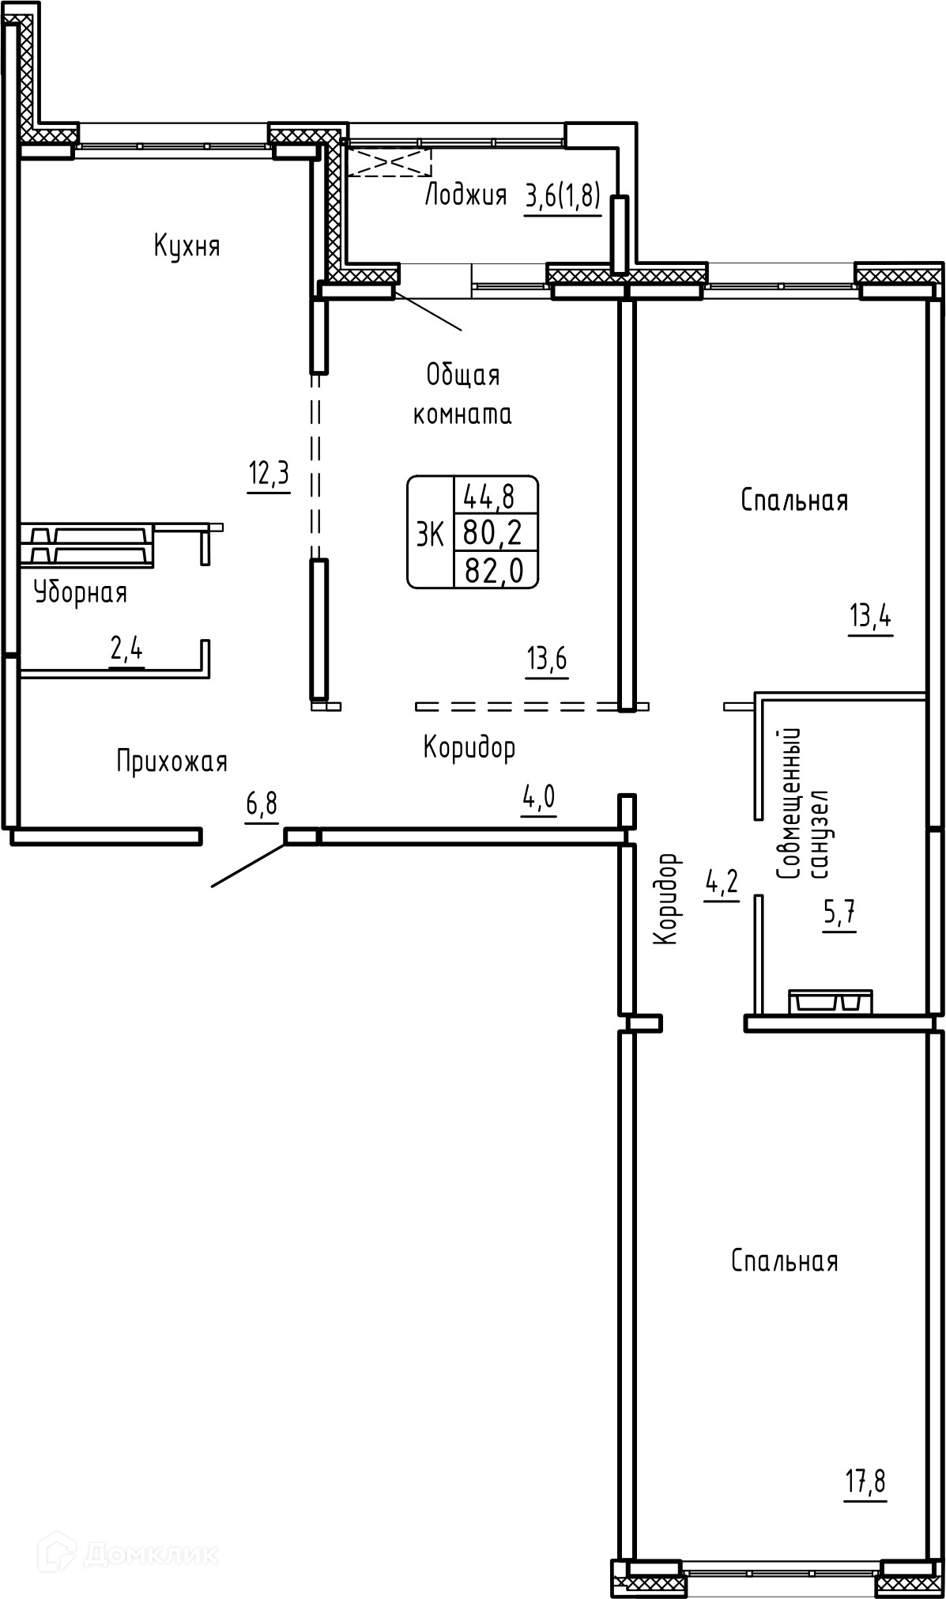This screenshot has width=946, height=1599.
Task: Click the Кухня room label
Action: [187, 247]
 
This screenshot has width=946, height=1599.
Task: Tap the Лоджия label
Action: [466, 195]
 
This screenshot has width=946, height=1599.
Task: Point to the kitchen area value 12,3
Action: [269, 474]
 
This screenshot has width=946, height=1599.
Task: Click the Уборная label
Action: [81, 592]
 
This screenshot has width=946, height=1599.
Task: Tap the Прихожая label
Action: [172, 761]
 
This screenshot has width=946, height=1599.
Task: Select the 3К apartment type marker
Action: [430, 535]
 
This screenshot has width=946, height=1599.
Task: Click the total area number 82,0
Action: [496, 569]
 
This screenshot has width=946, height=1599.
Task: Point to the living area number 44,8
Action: [489, 497]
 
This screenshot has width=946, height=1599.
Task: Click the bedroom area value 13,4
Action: [871, 614]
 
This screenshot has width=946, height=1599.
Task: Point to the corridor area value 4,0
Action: [538, 798]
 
